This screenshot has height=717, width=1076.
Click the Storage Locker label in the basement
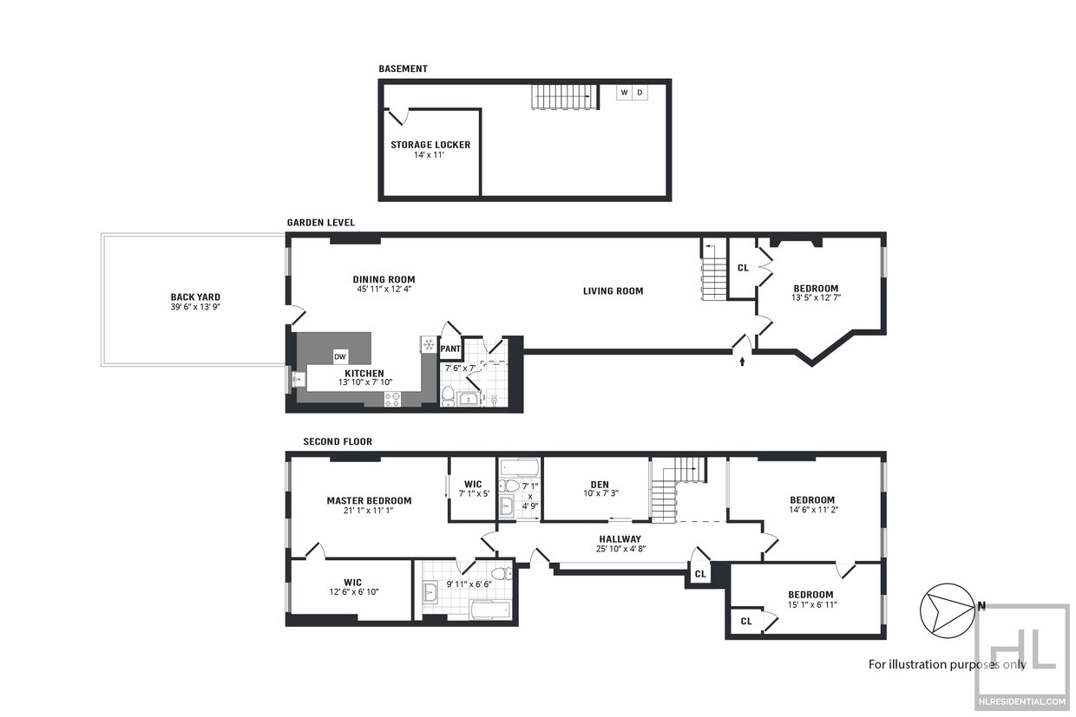430,145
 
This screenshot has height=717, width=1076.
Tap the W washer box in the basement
624,93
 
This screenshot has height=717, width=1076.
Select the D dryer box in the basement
640,93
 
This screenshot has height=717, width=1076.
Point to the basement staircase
566,96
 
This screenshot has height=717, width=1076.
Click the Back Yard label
195,297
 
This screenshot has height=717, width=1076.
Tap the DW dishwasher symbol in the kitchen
340,356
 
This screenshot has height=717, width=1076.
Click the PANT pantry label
450,349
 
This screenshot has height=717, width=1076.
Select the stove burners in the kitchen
392,400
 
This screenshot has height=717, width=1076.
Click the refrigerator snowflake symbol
429,344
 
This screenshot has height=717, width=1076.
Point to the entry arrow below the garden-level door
742,362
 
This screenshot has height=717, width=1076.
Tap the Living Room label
613,290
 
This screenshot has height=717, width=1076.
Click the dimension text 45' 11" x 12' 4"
384,289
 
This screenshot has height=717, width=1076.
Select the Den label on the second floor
600,485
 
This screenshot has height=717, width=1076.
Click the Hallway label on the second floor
620,539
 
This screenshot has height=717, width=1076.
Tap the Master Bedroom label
369,500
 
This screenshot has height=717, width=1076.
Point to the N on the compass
981,606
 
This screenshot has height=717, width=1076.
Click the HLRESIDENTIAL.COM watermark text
1021,701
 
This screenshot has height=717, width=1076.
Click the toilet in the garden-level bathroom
448,395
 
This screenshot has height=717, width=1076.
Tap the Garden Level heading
321,222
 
